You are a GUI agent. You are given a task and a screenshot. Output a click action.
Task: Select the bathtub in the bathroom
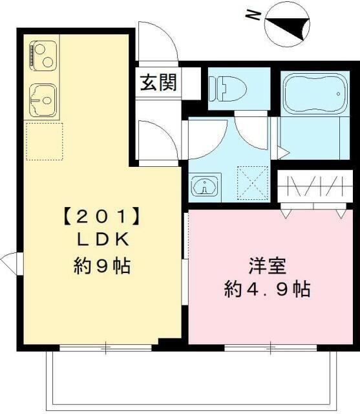(x=313, y=94)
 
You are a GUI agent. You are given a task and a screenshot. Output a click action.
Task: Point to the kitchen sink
(x=43, y=100)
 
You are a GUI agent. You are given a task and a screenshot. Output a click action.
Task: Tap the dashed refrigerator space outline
(x=44, y=142)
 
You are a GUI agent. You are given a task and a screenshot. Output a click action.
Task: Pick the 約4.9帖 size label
(x=266, y=289)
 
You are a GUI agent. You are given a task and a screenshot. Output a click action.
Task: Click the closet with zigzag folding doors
(x=313, y=188)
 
